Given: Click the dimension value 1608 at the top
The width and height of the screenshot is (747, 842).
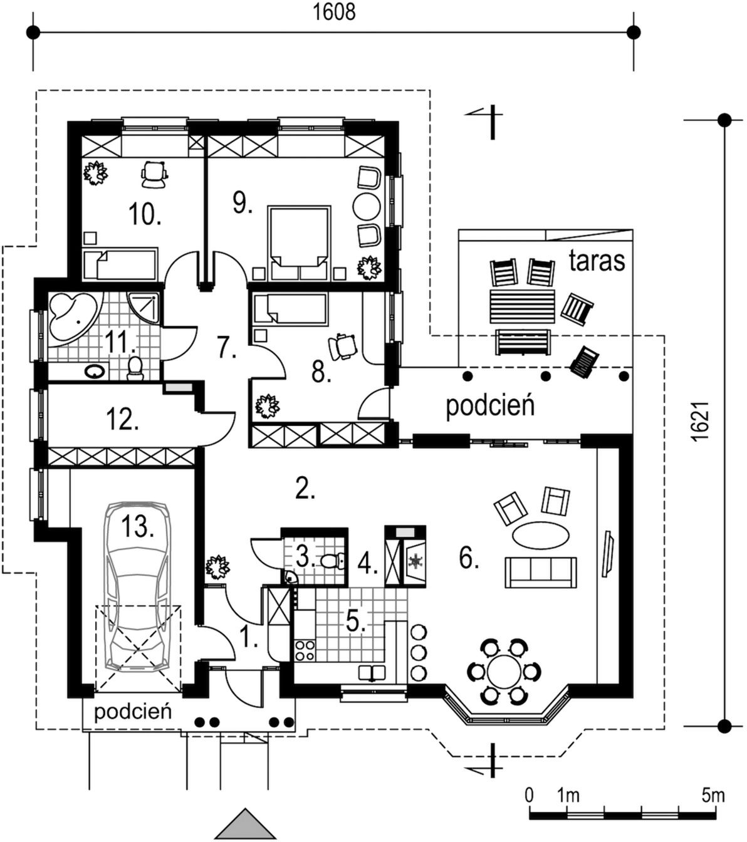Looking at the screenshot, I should click(x=334, y=11).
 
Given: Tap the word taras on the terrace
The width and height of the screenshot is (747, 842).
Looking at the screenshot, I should click(x=597, y=261).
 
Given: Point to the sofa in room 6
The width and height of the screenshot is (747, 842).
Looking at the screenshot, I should click(x=540, y=572).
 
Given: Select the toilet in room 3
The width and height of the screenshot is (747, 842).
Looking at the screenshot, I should click(x=330, y=559).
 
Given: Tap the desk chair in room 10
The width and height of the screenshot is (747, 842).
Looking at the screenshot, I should click(x=154, y=173).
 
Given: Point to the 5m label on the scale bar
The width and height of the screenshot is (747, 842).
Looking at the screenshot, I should click(x=713, y=796).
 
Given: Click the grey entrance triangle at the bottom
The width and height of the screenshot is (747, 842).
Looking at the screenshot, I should click(x=246, y=825).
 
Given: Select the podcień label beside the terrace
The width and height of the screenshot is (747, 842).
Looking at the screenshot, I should click(x=490, y=405).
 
